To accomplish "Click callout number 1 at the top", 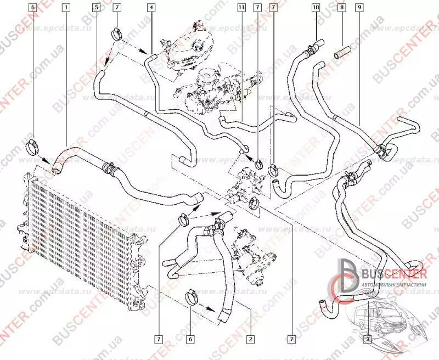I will pyautogui.click(x=66, y=8).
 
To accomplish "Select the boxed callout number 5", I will pyautogui.click(x=97, y=8).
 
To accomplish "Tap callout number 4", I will pyautogui.click(x=150, y=8).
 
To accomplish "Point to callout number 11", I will pyautogui.click(x=241, y=8).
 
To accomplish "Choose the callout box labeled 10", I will pyautogui.click(x=315, y=8).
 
